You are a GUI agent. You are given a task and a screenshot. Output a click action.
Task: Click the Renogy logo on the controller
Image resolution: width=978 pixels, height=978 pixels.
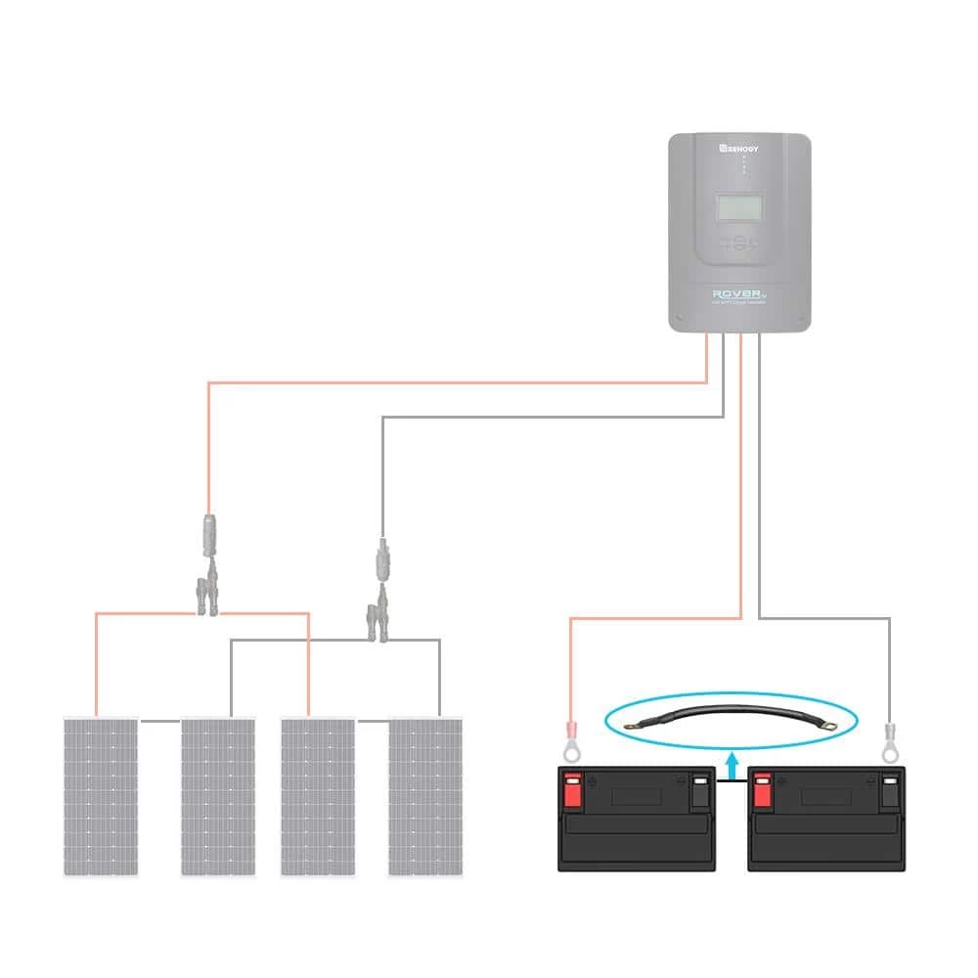click(x=739, y=148)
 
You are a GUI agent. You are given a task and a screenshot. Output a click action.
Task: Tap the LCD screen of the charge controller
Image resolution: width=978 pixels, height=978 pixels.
click(x=739, y=206)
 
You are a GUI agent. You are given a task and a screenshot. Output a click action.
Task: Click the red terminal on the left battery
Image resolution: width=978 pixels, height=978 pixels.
click(x=572, y=786)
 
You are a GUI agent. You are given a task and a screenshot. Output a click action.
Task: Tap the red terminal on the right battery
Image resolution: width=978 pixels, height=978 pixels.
click(x=762, y=786)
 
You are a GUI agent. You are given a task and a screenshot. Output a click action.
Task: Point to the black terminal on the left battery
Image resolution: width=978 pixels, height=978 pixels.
click(x=700, y=786)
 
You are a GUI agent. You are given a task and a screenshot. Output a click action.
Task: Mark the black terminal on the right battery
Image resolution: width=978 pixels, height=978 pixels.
click(x=889, y=786)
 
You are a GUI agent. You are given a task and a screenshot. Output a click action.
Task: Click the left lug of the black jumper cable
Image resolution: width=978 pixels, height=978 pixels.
click(x=639, y=725)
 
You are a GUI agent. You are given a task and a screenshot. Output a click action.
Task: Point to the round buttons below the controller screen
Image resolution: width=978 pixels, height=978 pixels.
click(x=738, y=244)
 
